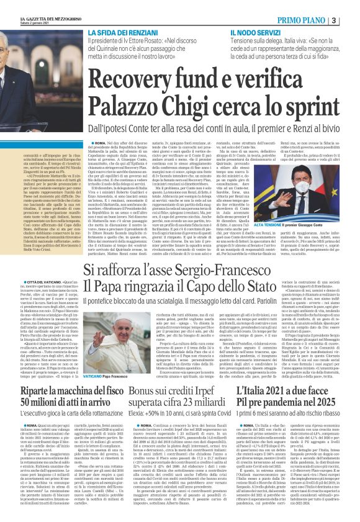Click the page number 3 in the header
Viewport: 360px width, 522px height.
[x=351, y=20]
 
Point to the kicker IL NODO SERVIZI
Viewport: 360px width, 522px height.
[x=254, y=32]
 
